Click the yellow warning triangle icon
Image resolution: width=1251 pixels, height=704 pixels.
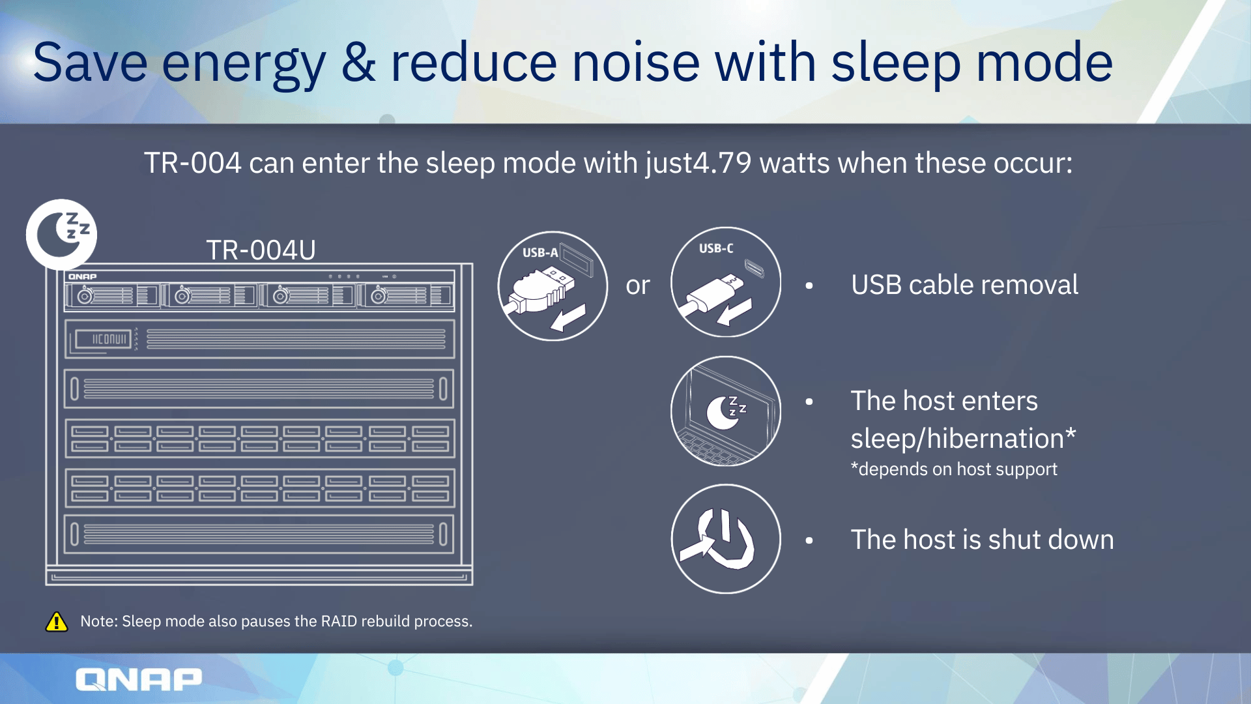[57, 622]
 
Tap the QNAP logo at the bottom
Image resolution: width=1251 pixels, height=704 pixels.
[139, 679]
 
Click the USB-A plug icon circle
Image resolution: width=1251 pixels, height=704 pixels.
[553, 286]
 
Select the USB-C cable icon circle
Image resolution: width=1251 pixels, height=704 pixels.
[726, 282]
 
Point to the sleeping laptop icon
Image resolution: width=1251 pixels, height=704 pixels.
[726, 411]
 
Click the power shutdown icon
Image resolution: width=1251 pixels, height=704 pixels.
[726, 539]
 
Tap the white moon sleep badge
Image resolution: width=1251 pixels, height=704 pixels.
[62, 235]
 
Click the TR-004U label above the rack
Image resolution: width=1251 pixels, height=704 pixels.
[261, 250]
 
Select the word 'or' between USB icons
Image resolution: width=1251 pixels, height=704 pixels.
[638, 286]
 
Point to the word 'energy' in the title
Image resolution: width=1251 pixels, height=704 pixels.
[244, 64]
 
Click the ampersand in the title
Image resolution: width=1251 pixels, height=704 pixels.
[358, 63]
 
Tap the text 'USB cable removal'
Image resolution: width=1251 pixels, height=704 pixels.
[964, 285]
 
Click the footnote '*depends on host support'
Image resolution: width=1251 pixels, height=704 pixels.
[954, 469]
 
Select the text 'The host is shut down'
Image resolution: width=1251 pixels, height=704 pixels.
[983, 540]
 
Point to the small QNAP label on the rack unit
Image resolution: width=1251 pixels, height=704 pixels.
[83, 277]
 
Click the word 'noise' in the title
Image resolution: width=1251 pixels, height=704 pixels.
[635, 63]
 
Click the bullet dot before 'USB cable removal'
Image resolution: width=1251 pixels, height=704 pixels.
[809, 286]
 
